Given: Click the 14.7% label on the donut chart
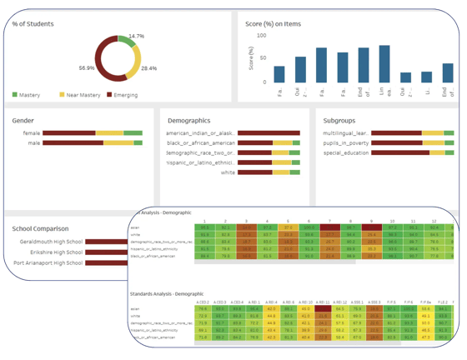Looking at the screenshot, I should point(136,37).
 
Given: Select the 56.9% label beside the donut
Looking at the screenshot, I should point(87,67).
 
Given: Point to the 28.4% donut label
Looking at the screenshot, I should point(149,68).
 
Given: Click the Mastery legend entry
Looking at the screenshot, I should point(31,94).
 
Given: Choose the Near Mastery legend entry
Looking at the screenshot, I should point(73,94).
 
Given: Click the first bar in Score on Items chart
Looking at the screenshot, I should point(279,74).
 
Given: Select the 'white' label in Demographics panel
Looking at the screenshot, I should point(227,172).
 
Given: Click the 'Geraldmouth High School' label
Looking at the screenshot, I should point(51,242).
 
